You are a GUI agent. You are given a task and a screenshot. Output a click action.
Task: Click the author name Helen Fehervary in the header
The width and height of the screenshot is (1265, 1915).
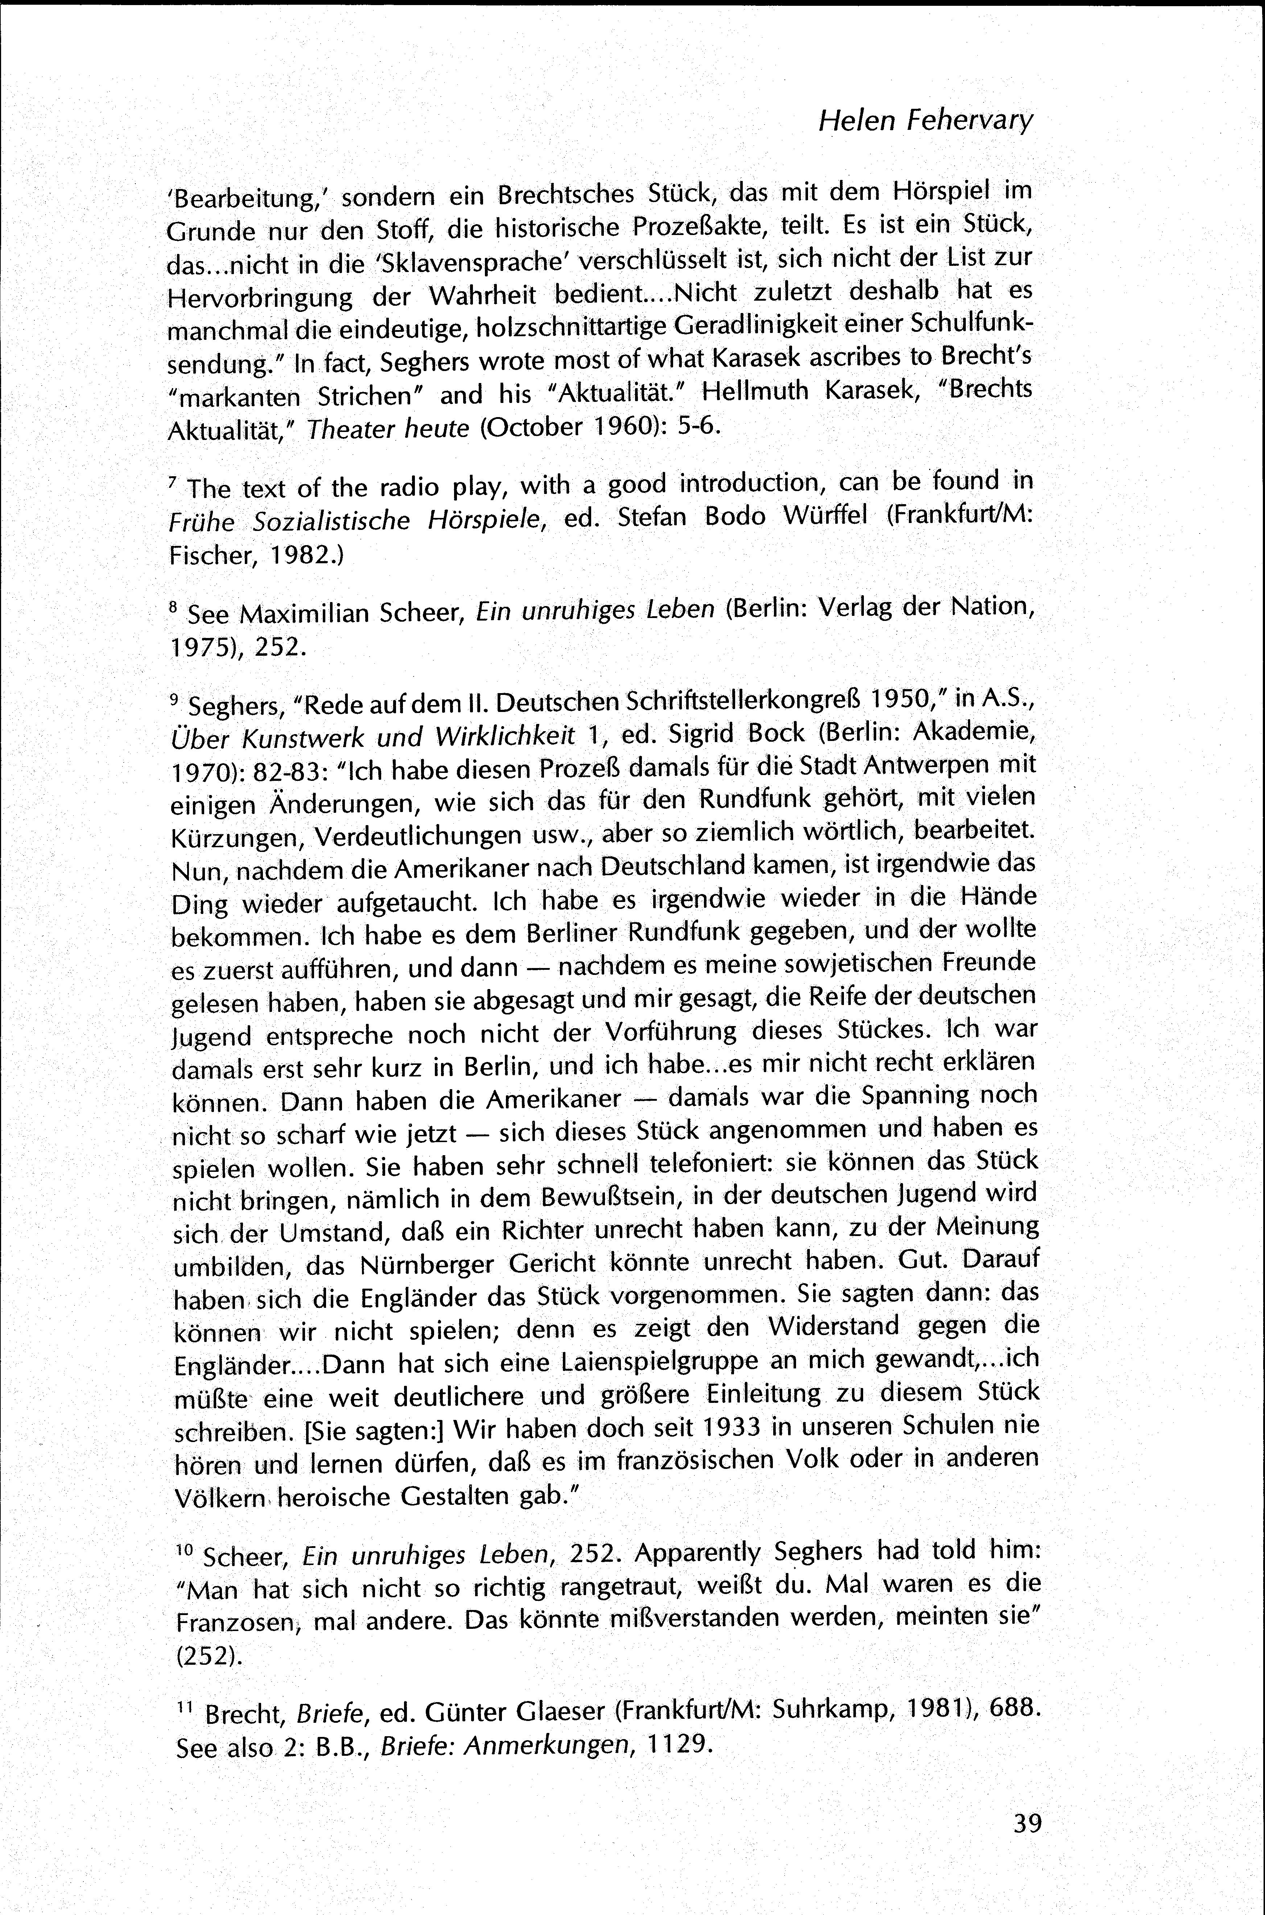925,121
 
